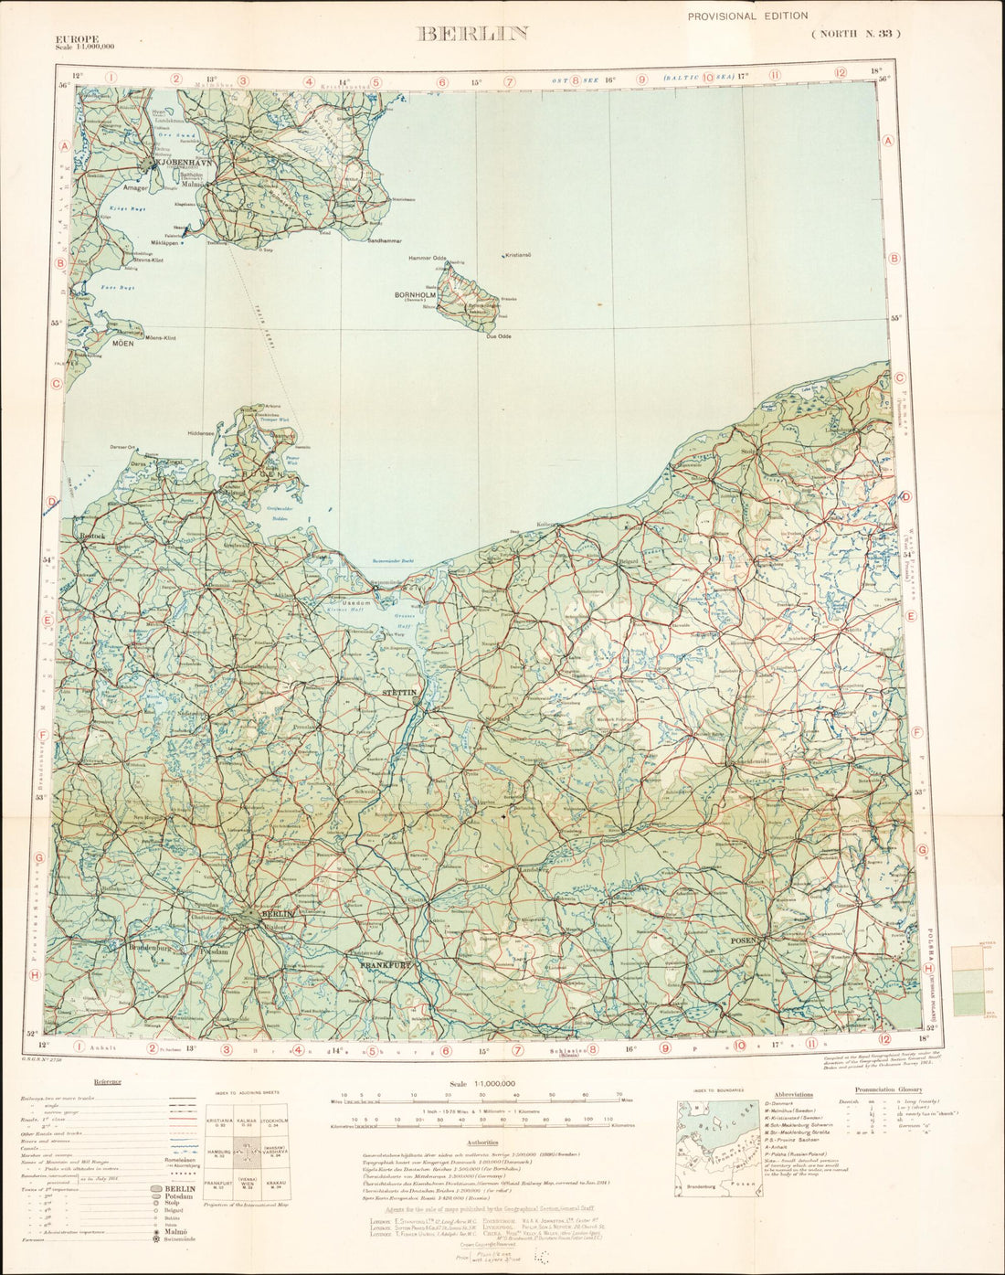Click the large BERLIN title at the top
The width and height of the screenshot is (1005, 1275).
pyautogui.click(x=472, y=34)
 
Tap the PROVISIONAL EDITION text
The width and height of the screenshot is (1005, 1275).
pyautogui.click(x=747, y=16)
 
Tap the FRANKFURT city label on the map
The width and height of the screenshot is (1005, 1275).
pyautogui.click(x=386, y=965)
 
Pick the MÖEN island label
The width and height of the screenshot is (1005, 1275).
pyautogui.click(x=122, y=344)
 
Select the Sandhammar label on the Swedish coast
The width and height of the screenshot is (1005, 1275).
pyautogui.click(x=384, y=240)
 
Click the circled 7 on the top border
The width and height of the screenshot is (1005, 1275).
pyautogui.click(x=510, y=80)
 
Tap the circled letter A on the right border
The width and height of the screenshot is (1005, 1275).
pyautogui.click(x=888, y=140)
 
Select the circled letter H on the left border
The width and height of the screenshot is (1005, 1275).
pyautogui.click(x=35, y=975)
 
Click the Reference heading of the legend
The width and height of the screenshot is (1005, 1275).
pyautogui.click(x=107, y=1081)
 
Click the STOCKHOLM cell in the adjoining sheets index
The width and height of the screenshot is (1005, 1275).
pyautogui.click(x=275, y=1121)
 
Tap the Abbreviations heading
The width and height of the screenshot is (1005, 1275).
pyautogui.click(x=792, y=1094)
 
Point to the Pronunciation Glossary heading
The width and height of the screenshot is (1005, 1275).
pyautogui.click(x=888, y=1089)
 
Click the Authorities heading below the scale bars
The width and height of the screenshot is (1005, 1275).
pyautogui.click(x=481, y=1142)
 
